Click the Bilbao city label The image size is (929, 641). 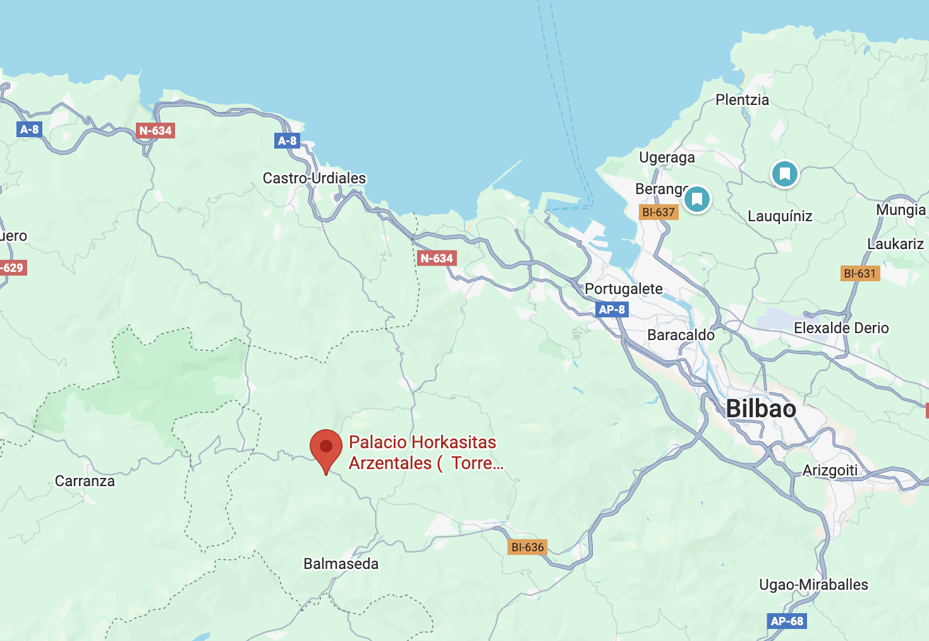tap(761, 409)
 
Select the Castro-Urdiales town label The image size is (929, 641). tap(314, 178)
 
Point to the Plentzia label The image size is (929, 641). tap(742, 100)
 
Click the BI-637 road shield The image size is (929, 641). tap(659, 212)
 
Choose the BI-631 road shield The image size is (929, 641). tap(860, 274)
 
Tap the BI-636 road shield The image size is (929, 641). tap(528, 547)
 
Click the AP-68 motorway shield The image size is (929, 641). tap(787, 621)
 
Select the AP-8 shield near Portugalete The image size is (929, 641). tap(612, 310)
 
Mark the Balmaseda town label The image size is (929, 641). tap(341, 564)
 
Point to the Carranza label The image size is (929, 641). tap(85, 481)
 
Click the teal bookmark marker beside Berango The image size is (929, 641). tap(697, 200)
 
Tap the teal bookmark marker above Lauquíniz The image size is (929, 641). tap(785, 173)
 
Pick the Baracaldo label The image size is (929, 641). tap(681, 335)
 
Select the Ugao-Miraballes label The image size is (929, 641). tap(813, 585)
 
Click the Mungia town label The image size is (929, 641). tap(901, 210)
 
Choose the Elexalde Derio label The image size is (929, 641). tap(841, 328)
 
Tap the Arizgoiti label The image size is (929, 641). tap(830, 470)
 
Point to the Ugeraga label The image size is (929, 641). tap(667, 157)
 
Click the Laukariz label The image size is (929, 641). tap(895, 244)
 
